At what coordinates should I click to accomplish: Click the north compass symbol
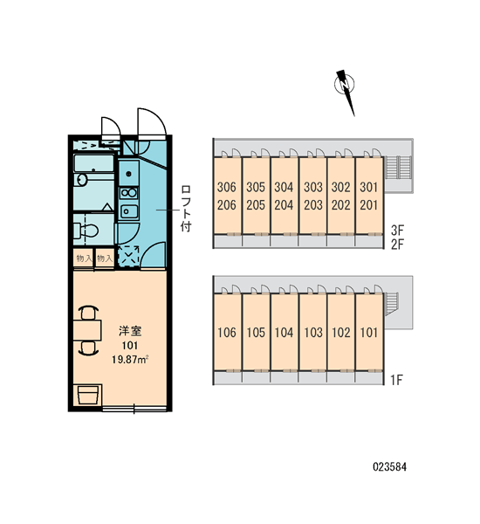tap(345, 87)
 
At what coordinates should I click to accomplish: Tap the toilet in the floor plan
tap(86, 231)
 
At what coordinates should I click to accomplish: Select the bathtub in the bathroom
tap(93, 163)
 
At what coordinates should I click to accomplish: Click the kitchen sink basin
tap(129, 211)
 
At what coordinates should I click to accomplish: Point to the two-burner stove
tap(129, 193)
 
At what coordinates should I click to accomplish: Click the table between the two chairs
tap(87, 330)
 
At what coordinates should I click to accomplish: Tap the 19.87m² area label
tap(130, 360)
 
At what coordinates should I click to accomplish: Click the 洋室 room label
tap(130, 331)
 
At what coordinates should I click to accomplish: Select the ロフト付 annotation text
tap(186, 208)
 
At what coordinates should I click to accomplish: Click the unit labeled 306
tap(226, 187)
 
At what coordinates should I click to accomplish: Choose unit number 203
tap(313, 205)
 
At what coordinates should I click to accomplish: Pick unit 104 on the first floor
tap(284, 333)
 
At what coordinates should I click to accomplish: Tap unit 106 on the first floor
tap(227, 333)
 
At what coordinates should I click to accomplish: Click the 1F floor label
tap(397, 380)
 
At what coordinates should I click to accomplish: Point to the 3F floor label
tap(397, 230)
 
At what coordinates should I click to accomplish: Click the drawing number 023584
tap(389, 467)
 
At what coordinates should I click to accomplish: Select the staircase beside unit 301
tap(398, 168)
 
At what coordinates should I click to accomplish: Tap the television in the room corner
tap(88, 395)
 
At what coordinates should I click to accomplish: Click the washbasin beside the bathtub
tap(82, 179)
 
